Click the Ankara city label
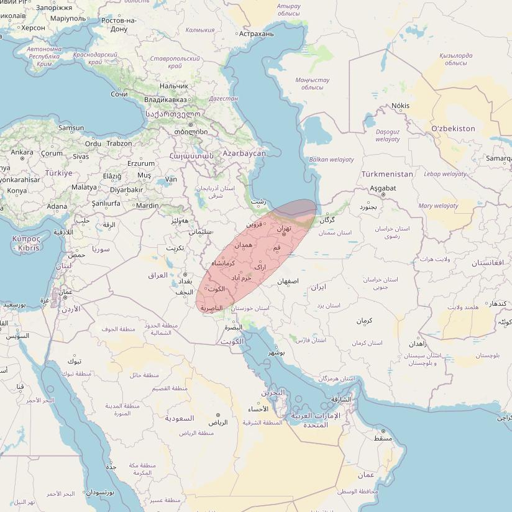[22, 152]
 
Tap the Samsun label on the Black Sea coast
[71, 128]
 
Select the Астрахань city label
[256, 34]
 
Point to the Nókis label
[400, 106]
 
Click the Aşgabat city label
[383, 188]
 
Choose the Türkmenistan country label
[387, 174]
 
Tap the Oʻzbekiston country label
[453, 129]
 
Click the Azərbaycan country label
[244, 153]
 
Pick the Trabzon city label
[119, 144]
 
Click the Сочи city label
[119, 94]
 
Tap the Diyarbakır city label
[126, 190]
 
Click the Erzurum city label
[140, 163]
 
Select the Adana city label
[57, 206]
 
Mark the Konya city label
[17, 191]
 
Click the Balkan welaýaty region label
[331, 160]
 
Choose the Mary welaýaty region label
[438, 206]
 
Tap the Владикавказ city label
[165, 99]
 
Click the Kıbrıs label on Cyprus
[29, 248]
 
